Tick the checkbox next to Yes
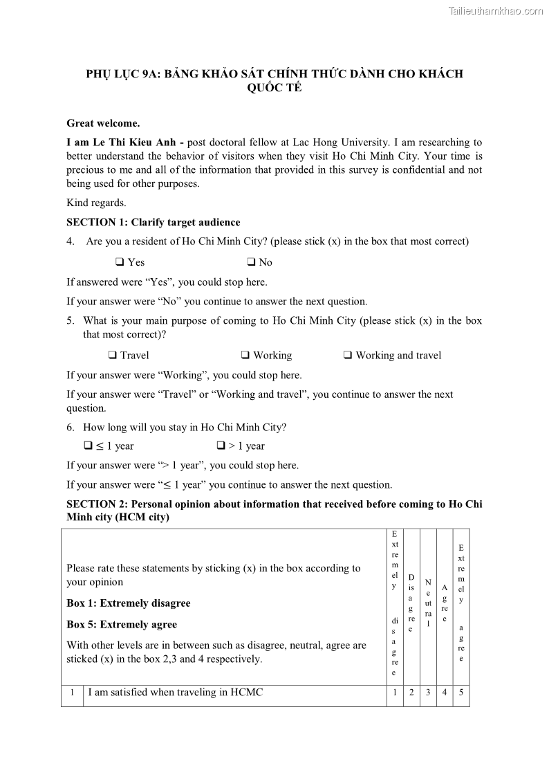120,262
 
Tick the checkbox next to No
251,262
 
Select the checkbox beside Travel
112,355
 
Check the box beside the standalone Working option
245,355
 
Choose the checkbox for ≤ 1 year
88,446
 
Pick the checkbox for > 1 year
221,446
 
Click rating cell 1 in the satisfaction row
394,692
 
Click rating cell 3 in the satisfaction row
428,692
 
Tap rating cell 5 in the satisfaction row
461,692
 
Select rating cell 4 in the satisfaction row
445,692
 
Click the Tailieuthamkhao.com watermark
496,10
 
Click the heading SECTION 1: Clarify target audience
153,222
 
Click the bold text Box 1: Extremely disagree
128,603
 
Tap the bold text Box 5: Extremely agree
121,624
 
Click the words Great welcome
103,123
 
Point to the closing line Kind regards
96,203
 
